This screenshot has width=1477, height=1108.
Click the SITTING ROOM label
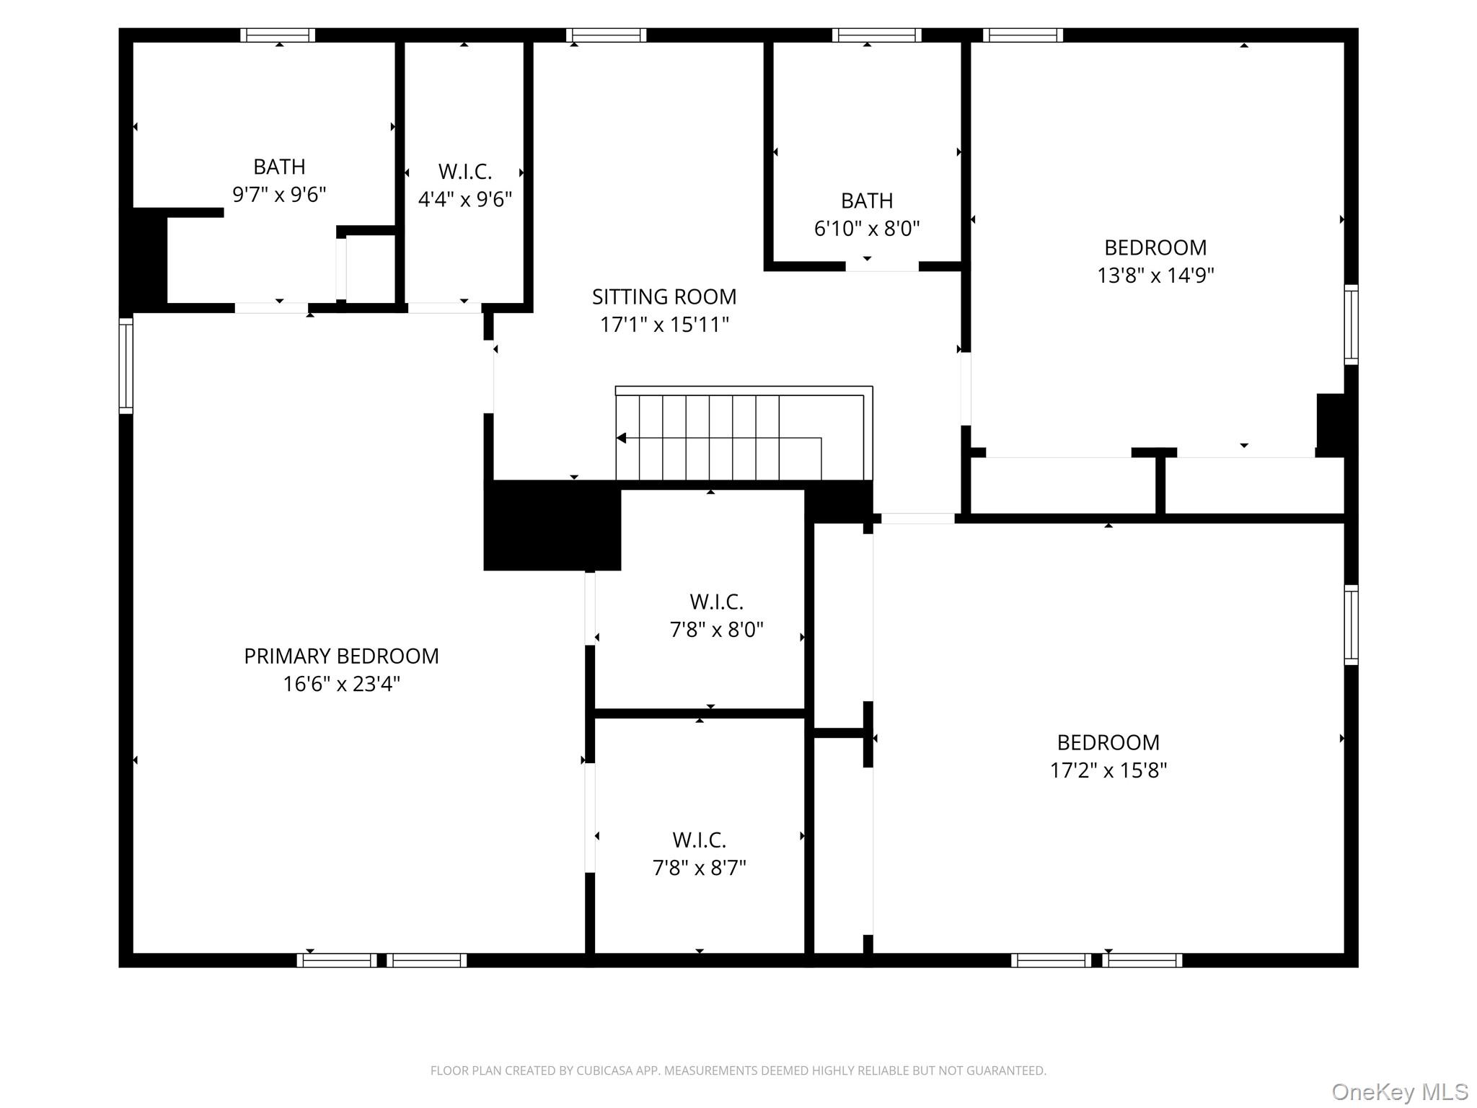(x=663, y=296)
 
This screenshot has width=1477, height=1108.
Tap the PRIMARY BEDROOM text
(x=341, y=656)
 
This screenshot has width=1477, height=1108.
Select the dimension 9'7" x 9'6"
(x=279, y=195)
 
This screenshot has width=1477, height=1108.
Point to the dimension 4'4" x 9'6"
(x=465, y=199)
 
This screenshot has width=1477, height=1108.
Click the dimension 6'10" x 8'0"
(x=867, y=229)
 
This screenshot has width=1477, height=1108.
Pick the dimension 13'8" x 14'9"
(x=1155, y=276)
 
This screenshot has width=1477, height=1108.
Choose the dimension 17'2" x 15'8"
(x=1108, y=770)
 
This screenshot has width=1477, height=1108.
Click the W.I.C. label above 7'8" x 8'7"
(x=699, y=840)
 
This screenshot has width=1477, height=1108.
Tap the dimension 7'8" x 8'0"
(x=716, y=630)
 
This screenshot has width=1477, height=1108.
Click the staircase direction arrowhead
(x=621, y=438)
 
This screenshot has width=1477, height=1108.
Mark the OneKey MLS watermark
(x=1399, y=1092)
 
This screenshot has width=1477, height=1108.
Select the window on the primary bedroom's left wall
(x=126, y=366)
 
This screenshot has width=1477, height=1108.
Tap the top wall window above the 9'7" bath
(x=278, y=35)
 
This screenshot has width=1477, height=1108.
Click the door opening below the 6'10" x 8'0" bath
(x=881, y=267)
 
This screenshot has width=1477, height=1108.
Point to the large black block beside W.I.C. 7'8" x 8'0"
(x=552, y=526)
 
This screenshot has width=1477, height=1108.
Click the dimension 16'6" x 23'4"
(x=341, y=684)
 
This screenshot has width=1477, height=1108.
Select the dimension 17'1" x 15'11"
(x=664, y=325)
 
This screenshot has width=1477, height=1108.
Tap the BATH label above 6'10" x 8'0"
(x=867, y=201)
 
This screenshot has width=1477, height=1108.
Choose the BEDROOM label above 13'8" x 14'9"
(x=1155, y=247)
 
